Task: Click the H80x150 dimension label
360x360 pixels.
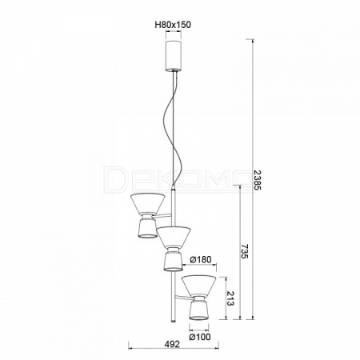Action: coord(173,25)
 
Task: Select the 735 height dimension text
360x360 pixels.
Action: coord(245,251)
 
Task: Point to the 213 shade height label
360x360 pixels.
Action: coord(230,298)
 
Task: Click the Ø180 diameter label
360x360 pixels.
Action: coord(200,259)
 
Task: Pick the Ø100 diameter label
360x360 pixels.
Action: coord(200,337)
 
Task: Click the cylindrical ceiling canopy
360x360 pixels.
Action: coord(174,56)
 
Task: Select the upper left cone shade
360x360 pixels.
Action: coord(147,203)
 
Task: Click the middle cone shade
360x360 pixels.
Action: coord(174,236)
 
